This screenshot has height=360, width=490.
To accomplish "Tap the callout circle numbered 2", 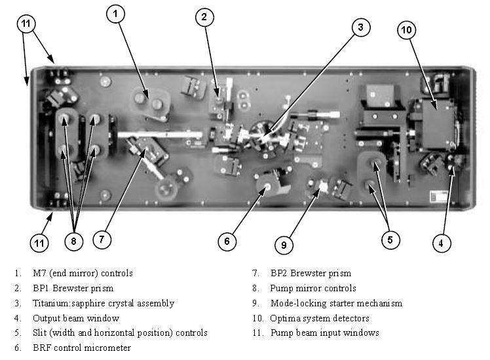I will coord(204,18).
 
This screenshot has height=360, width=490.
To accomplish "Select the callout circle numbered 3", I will coord(360,27).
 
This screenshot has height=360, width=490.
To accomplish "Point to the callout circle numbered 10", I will coord(405,29).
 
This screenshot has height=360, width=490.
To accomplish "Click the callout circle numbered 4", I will coord(441,243).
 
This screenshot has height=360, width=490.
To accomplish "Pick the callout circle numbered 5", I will coord(390,240).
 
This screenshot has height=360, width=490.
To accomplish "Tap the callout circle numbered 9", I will coord(284,245).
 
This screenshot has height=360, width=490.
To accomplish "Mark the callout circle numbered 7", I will coord(101,240).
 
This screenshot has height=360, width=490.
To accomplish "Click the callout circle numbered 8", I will coord(74,241).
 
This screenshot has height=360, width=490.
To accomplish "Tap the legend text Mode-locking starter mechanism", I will coord(336,303).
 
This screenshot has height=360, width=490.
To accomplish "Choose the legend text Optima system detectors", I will coord(319,318).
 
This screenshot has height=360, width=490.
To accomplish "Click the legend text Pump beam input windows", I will coord(324,333).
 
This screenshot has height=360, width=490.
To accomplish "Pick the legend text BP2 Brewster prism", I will coord(311,274).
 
